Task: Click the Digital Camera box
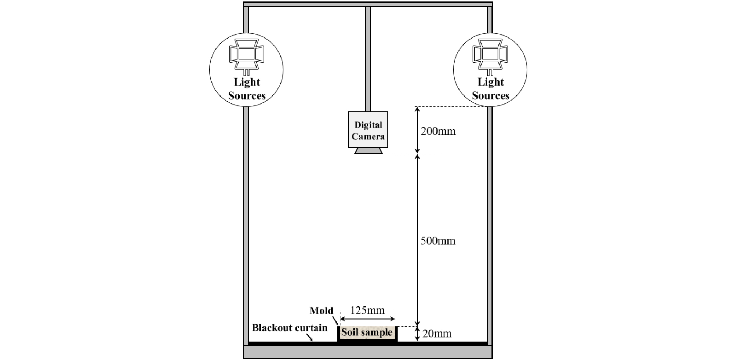tap(368, 130)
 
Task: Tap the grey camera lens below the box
tap(368, 151)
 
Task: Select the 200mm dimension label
tap(438, 131)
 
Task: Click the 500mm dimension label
tap(438, 241)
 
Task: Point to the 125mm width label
tap(367, 310)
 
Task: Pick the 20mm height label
tap(437, 334)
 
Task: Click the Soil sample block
tap(367, 333)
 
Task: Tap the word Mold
tap(322, 311)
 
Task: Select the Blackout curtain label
tap(290, 328)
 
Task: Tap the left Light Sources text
tap(247, 89)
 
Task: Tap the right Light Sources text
tap(491, 89)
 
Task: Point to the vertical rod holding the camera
tap(368, 59)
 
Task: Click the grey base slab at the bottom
tap(368, 352)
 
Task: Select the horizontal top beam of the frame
tap(368, 4)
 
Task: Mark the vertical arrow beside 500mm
tap(417, 240)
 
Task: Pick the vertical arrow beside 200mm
tap(417, 130)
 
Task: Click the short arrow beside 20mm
tap(417, 334)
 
